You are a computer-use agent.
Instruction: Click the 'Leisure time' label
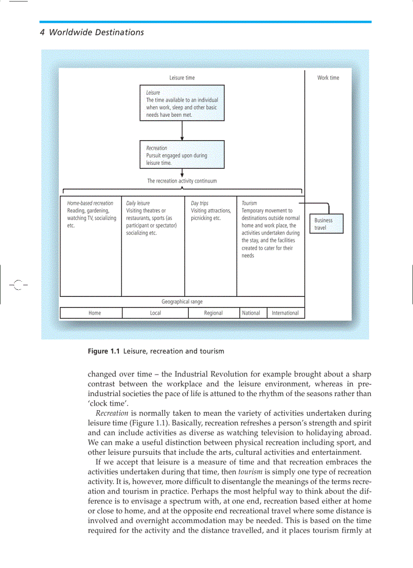[182, 78]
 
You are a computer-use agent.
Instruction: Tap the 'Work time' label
[328, 78]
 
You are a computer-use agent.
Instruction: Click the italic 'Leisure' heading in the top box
[153, 93]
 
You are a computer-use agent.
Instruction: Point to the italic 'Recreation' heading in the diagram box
[156, 148]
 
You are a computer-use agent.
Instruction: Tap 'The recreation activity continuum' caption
[182, 181]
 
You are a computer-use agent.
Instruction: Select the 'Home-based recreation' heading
[90, 203]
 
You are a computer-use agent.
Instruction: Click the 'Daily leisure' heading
[138, 203]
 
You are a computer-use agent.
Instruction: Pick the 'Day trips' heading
[199, 203]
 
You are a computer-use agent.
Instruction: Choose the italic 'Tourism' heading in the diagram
[249, 203]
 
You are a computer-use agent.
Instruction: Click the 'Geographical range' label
[182, 301]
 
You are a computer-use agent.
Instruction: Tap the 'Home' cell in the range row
[95, 313]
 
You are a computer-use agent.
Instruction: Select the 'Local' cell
[155, 313]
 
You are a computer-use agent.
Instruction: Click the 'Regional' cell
[213, 313]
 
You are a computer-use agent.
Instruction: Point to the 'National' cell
[251, 313]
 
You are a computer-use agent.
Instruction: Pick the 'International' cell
[285, 313]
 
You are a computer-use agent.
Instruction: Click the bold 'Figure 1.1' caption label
[104, 351]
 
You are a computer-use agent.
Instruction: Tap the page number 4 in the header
[42, 32]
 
